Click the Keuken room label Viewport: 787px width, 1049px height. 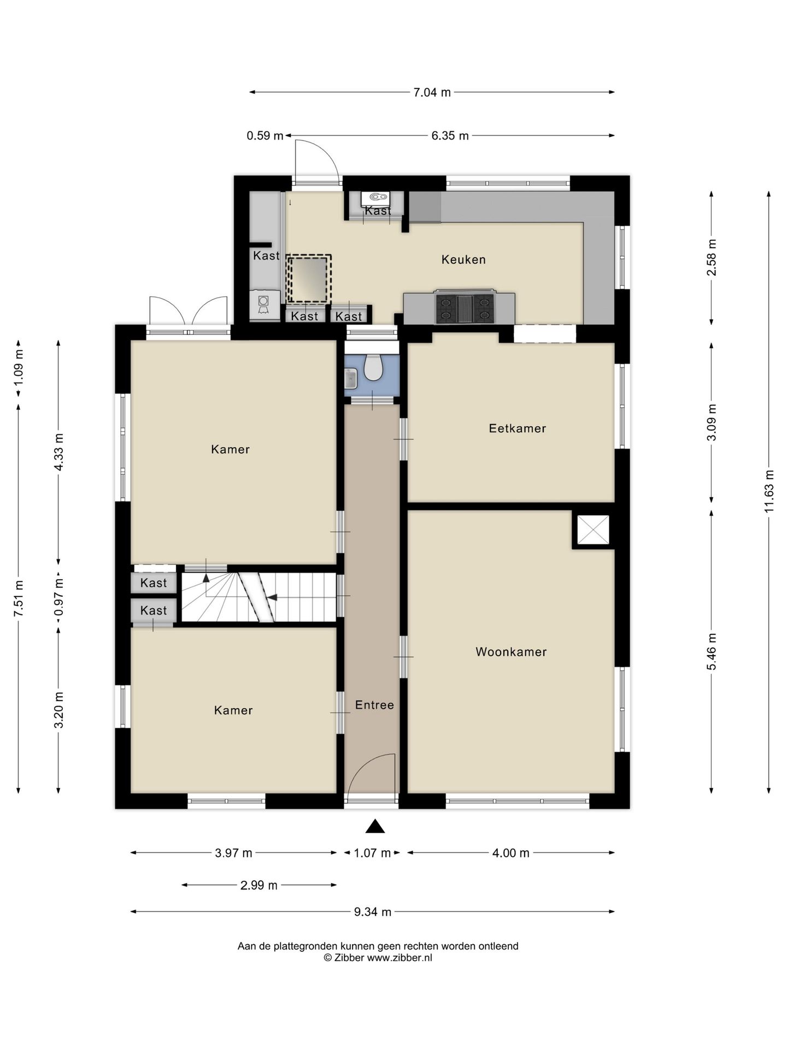click(x=463, y=260)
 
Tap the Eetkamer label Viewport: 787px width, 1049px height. click(x=517, y=428)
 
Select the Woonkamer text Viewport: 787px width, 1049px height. click(x=511, y=652)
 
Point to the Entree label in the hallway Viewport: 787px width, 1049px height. click(x=374, y=705)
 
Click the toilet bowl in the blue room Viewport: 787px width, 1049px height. click(x=374, y=368)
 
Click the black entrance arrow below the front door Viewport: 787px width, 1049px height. click(x=375, y=826)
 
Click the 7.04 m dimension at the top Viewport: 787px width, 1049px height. click(x=432, y=92)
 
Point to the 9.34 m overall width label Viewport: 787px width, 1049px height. click(x=373, y=912)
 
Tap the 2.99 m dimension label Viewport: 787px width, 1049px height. click(x=259, y=885)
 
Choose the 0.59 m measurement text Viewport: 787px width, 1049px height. click(x=265, y=135)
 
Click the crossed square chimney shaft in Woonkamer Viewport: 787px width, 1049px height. click(x=593, y=530)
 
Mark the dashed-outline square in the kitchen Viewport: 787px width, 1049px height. click(x=309, y=279)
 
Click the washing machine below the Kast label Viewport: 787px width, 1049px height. click(x=265, y=304)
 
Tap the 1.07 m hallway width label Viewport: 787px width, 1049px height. click(x=372, y=853)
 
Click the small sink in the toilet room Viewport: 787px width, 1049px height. click(x=350, y=378)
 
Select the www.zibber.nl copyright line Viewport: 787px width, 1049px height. click(x=378, y=958)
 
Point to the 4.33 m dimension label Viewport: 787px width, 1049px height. click(x=59, y=451)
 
